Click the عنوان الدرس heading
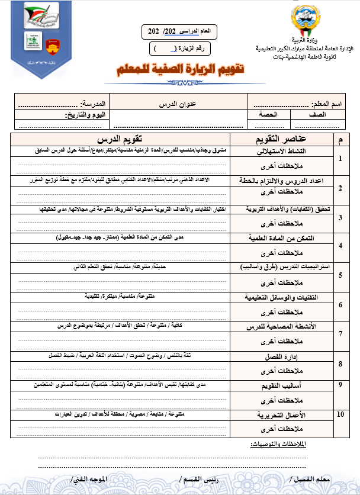click(178, 104)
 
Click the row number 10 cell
click(340, 414)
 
